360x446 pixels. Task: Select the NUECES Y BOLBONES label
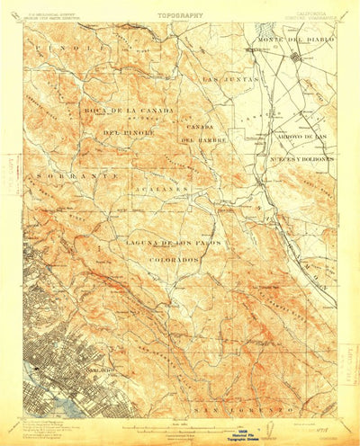click(301, 157)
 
